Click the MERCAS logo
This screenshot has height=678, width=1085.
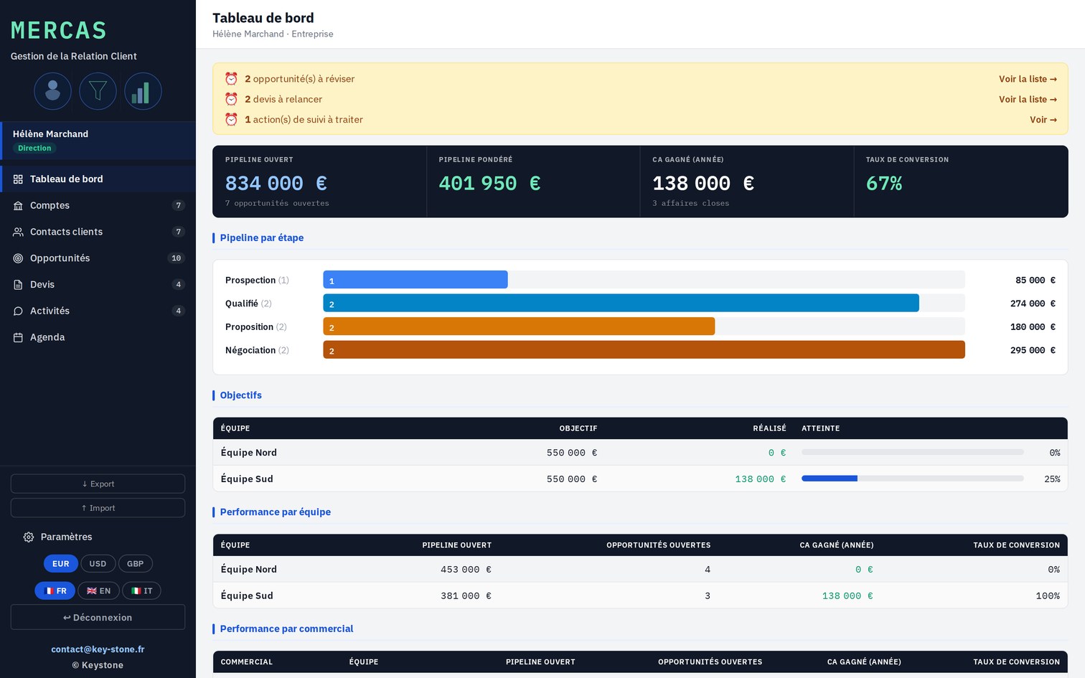tap(59, 30)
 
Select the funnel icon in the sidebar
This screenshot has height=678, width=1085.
tap(98, 91)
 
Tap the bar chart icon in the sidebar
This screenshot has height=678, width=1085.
tap(143, 91)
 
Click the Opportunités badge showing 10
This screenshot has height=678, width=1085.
tap(177, 258)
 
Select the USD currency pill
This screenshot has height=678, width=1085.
tap(98, 564)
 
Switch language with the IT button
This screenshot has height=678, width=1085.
tap(141, 591)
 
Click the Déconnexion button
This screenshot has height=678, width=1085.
tap(98, 618)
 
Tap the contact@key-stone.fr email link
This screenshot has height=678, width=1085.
tap(98, 649)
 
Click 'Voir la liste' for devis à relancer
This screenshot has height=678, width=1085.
tap(1028, 99)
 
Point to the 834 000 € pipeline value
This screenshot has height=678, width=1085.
tap(276, 183)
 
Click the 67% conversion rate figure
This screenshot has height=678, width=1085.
tap(884, 183)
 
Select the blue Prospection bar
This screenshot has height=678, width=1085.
tap(415, 279)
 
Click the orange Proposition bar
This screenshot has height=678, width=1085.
tap(519, 326)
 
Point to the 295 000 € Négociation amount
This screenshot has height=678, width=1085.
tap(1033, 350)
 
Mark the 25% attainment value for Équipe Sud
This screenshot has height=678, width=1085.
tap(1052, 479)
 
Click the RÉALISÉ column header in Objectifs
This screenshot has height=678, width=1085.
tap(770, 428)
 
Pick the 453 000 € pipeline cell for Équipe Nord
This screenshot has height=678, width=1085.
tap(466, 570)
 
